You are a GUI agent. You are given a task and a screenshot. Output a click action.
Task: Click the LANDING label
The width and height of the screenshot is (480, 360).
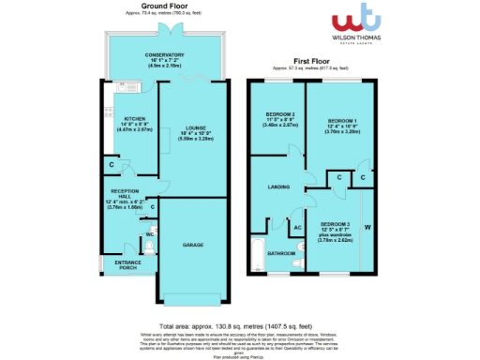point(279,186)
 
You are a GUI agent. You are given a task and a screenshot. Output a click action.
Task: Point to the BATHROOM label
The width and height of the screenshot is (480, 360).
point(279,253)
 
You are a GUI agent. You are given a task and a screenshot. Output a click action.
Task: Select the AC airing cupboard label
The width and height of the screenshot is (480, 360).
point(296,227)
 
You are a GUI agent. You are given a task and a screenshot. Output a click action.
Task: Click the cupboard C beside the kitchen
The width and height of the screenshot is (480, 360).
point(111,166)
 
